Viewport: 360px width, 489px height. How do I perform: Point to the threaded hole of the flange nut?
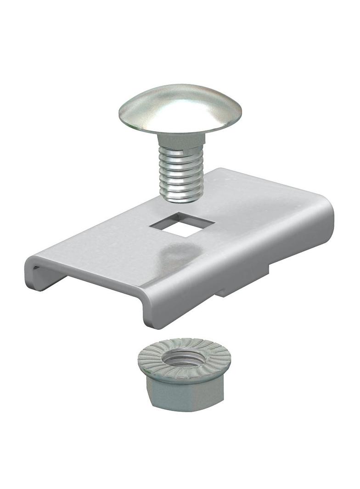point(184,358)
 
